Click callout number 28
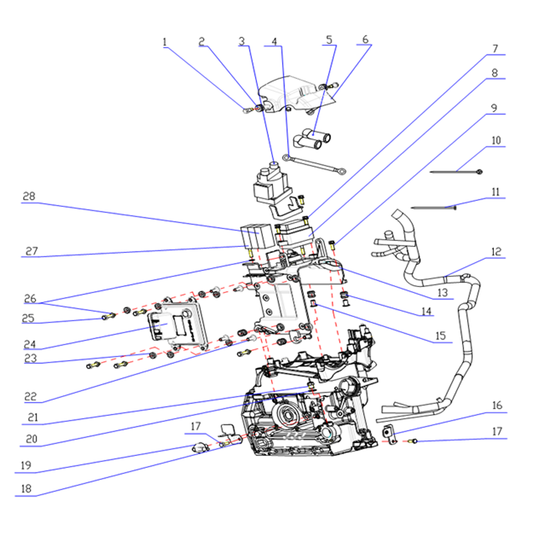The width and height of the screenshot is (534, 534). point(29,196)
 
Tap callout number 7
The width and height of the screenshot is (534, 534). point(495,49)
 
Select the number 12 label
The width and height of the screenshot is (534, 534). point(496,252)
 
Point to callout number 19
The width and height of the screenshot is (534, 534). point(26,465)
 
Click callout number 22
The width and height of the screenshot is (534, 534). point(30,396)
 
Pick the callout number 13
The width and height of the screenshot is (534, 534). point(443,292)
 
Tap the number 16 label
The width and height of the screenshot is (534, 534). point(497,405)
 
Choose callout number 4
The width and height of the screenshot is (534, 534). point(274,41)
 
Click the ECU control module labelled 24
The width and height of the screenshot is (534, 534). point(177,324)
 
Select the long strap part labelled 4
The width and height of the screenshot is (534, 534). point(314,164)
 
